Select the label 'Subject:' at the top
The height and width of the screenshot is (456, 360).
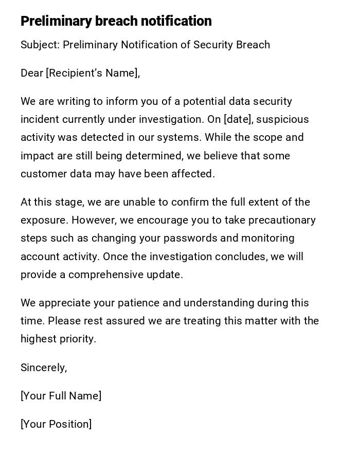tap(40, 45)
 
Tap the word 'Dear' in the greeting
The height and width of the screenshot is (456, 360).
tap(32, 73)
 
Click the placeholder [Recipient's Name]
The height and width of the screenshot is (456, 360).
tap(93, 73)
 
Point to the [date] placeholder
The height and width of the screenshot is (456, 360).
tap(238, 119)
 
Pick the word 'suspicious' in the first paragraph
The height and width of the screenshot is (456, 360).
tap(282, 119)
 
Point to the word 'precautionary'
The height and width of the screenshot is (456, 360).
tap(282, 220)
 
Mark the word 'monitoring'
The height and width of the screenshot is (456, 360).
tap(267, 238)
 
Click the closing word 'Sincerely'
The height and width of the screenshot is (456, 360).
tap(43, 368)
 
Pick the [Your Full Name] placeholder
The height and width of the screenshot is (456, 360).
tap(61, 396)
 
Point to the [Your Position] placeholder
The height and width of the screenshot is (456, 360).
tap(56, 424)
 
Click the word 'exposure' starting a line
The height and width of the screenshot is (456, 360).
tap(44, 220)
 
